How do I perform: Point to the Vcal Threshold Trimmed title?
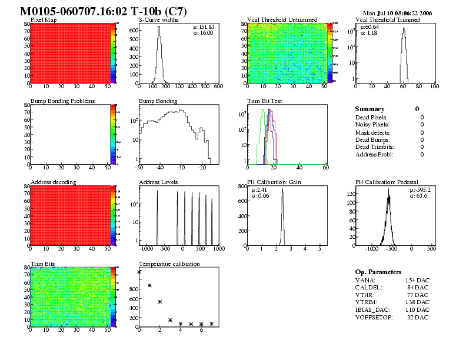(x=388, y=20)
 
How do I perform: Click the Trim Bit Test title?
(x=264, y=101)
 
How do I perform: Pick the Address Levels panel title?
(x=158, y=182)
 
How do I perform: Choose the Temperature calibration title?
(x=169, y=264)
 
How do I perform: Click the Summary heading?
(x=370, y=109)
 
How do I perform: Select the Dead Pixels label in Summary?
(x=371, y=118)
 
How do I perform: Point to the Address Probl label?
(x=374, y=155)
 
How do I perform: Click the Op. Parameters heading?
(x=378, y=272)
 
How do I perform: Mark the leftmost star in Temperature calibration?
(x=139, y=272)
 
